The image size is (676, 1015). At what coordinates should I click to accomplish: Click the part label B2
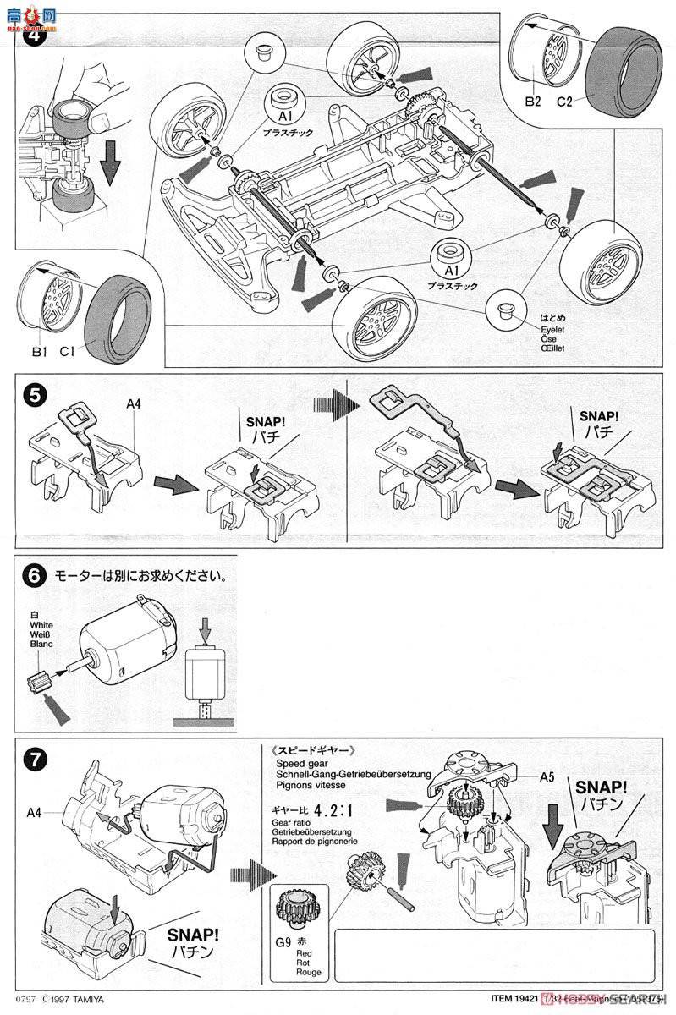[x=530, y=101]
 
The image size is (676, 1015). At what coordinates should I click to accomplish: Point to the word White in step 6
[x=41, y=625]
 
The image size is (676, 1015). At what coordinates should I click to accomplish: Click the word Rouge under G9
[x=308, y=973]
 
